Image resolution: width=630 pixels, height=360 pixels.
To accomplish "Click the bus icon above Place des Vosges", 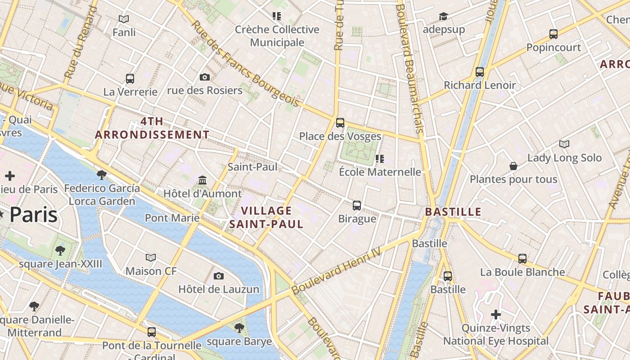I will [340, 122].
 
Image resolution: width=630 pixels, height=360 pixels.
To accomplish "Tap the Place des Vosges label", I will [340, 136].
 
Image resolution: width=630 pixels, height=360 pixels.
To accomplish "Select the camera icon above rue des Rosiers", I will [205, 77].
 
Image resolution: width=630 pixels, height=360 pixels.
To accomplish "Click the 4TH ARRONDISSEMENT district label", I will [152, 128].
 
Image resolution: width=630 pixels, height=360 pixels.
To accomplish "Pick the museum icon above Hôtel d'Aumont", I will [202, 180].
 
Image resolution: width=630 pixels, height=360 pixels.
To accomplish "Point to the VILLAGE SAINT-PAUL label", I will [266, 217].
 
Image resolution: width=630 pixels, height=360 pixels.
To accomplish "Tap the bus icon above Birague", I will [357, 205].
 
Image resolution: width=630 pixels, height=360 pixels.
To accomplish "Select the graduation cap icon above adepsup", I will [444, 17].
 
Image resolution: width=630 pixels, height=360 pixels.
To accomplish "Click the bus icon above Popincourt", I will [553, 34].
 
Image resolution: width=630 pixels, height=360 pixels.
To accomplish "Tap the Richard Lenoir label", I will [480, 85].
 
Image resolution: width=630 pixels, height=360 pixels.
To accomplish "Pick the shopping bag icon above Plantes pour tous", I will [513, 166].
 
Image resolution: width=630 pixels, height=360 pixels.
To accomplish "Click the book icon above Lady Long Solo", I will [564, 144].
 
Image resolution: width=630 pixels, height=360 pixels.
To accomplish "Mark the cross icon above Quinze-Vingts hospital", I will [496, 315].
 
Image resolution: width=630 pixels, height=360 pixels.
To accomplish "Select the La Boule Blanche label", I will [522, 272].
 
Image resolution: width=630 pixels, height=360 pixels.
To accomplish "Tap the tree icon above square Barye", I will [239, 328].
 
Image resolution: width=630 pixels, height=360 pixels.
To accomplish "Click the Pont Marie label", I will [172, 218].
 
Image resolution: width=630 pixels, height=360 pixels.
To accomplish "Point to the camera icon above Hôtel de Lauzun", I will [219, 276].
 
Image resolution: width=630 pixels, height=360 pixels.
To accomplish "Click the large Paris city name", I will [33, 215].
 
